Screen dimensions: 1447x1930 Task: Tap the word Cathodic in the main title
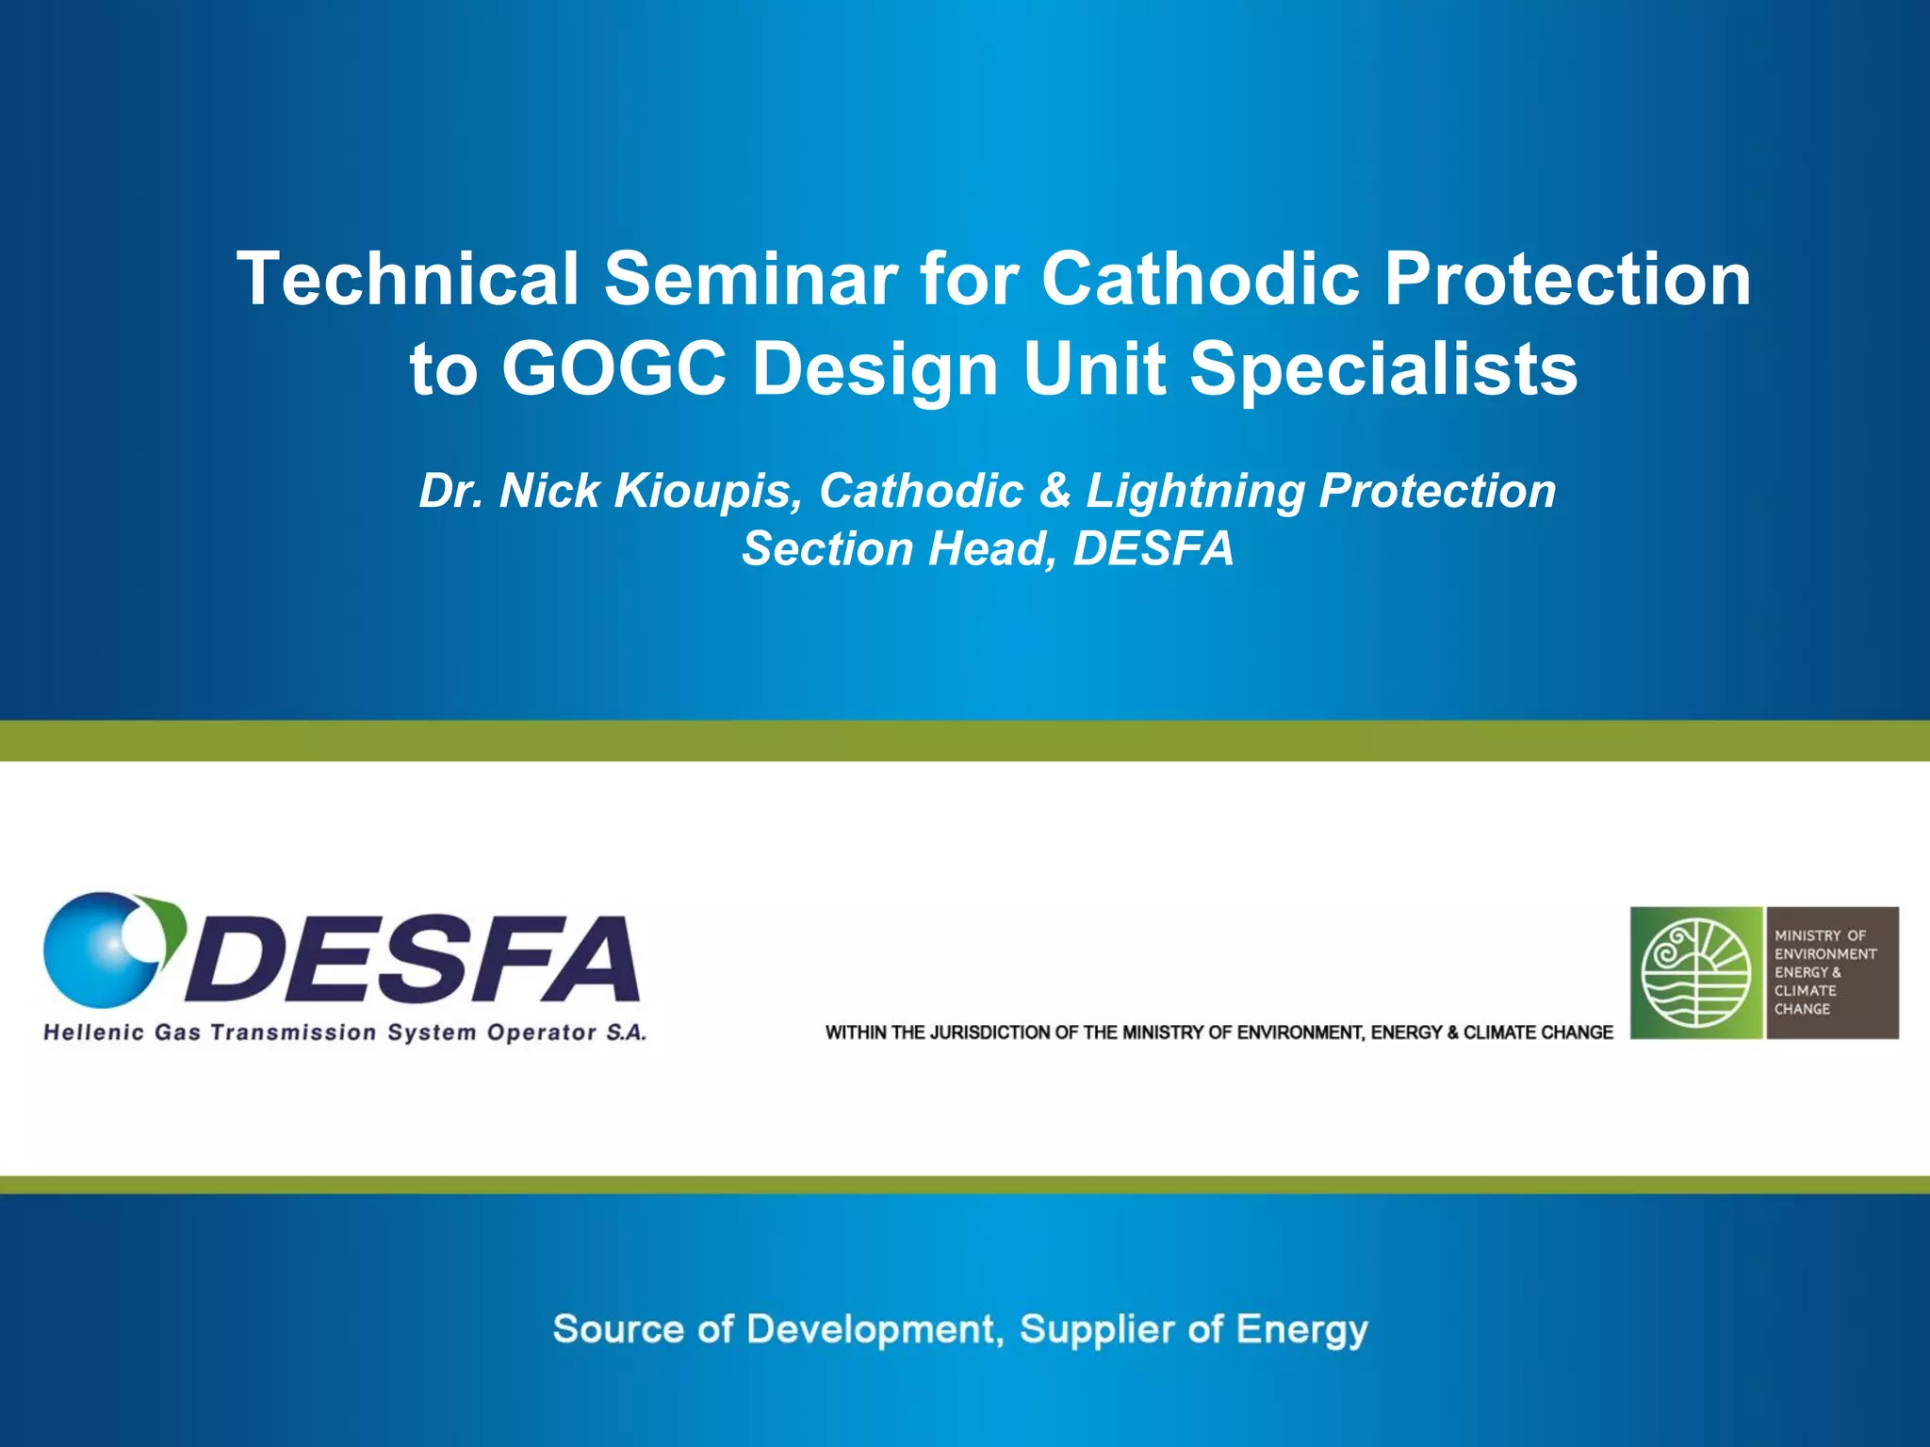(x=1200, y=279)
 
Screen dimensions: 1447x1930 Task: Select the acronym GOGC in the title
(x=613, y=368)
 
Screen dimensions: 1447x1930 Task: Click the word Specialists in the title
(x=1383, y=368)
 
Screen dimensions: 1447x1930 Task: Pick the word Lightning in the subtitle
(x=1194, y=491)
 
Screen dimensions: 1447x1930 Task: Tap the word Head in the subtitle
(x=991, y=548)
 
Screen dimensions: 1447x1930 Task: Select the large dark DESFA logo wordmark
(x=415, y=959)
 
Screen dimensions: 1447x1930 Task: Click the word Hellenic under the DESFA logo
(x=93, y=1032)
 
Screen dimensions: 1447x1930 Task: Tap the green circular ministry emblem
(x=1695, y=973)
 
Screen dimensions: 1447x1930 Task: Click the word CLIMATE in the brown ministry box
(x=1805, y=991)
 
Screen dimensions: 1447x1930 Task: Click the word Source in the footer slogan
(x=617, y=1329)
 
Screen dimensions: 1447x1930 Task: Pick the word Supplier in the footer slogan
(x=1094, y=1329)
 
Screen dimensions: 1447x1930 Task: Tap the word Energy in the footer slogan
(x=1301, y=1329)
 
